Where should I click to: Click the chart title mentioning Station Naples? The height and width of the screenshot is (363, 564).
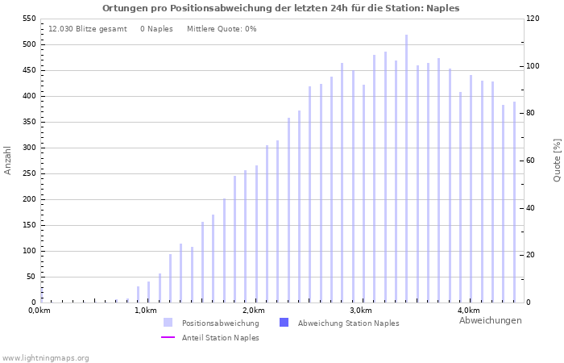coord(280,8)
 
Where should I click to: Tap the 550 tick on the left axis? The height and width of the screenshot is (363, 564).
coord(27,19)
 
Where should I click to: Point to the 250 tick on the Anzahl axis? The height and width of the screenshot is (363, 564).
coord(27,199)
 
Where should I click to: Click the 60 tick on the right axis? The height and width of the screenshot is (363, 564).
coord(532,161)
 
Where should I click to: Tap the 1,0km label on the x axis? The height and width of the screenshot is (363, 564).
coord(146,311)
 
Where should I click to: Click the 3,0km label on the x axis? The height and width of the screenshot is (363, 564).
coord(361,311)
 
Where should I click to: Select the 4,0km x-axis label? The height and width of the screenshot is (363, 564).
coord(468,311)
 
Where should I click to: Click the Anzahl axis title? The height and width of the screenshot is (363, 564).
coord(8,160)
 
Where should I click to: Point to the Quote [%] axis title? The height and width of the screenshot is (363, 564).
coord(557,160)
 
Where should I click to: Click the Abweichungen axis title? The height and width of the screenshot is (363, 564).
coord(490,320)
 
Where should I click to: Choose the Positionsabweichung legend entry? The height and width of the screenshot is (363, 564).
coord(220,323)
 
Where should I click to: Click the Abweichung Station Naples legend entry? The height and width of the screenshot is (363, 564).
coord(348,323)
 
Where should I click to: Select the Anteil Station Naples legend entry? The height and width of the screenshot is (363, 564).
coord(220,338)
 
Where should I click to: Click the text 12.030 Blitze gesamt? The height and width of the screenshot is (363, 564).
coord(87,29)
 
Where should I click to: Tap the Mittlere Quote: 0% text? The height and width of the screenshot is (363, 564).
coord(222,29)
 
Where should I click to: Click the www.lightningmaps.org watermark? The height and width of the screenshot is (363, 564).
coord(45,357)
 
